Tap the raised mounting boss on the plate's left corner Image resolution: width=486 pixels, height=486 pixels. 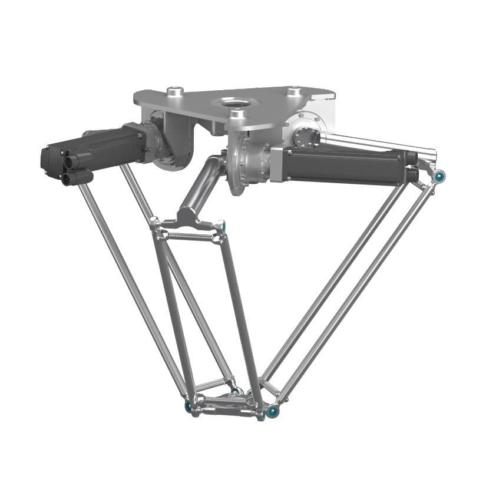point(174,91)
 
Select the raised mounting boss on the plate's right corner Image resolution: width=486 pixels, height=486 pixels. point(293,92)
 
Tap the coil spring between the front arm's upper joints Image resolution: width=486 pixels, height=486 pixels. point(190,236)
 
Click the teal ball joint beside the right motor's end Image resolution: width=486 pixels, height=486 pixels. point(439,176)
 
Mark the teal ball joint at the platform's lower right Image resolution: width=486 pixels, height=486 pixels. point(272,411)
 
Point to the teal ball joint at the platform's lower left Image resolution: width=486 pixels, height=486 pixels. point(189,406)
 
